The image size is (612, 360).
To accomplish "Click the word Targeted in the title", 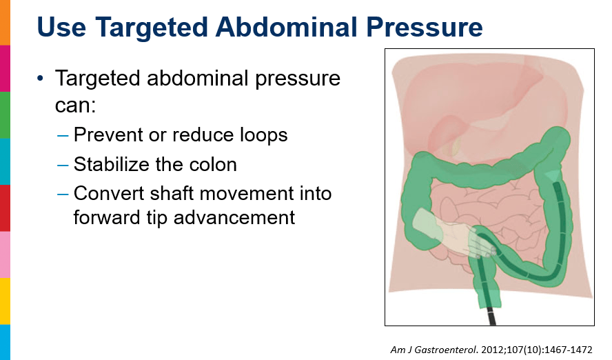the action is coord(151,28).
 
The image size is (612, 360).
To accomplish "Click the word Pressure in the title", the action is coord(425,27).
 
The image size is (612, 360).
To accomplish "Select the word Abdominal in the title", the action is coord(287,27).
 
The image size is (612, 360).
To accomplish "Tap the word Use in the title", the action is coord(61,27).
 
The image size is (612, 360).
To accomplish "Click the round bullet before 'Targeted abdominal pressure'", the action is coord(40,79).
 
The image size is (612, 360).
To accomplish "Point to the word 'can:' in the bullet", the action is coord(75,106).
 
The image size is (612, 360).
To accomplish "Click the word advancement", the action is coord(234,217).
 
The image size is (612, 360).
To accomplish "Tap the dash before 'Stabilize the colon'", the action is coord(63,165).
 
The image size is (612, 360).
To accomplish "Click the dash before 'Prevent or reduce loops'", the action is coord(63,136).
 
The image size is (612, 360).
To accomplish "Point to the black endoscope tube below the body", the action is coord(491,317).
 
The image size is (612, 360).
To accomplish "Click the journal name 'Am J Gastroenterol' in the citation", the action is coord(433,350).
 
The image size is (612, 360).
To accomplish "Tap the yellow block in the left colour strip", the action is coord(5,301).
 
